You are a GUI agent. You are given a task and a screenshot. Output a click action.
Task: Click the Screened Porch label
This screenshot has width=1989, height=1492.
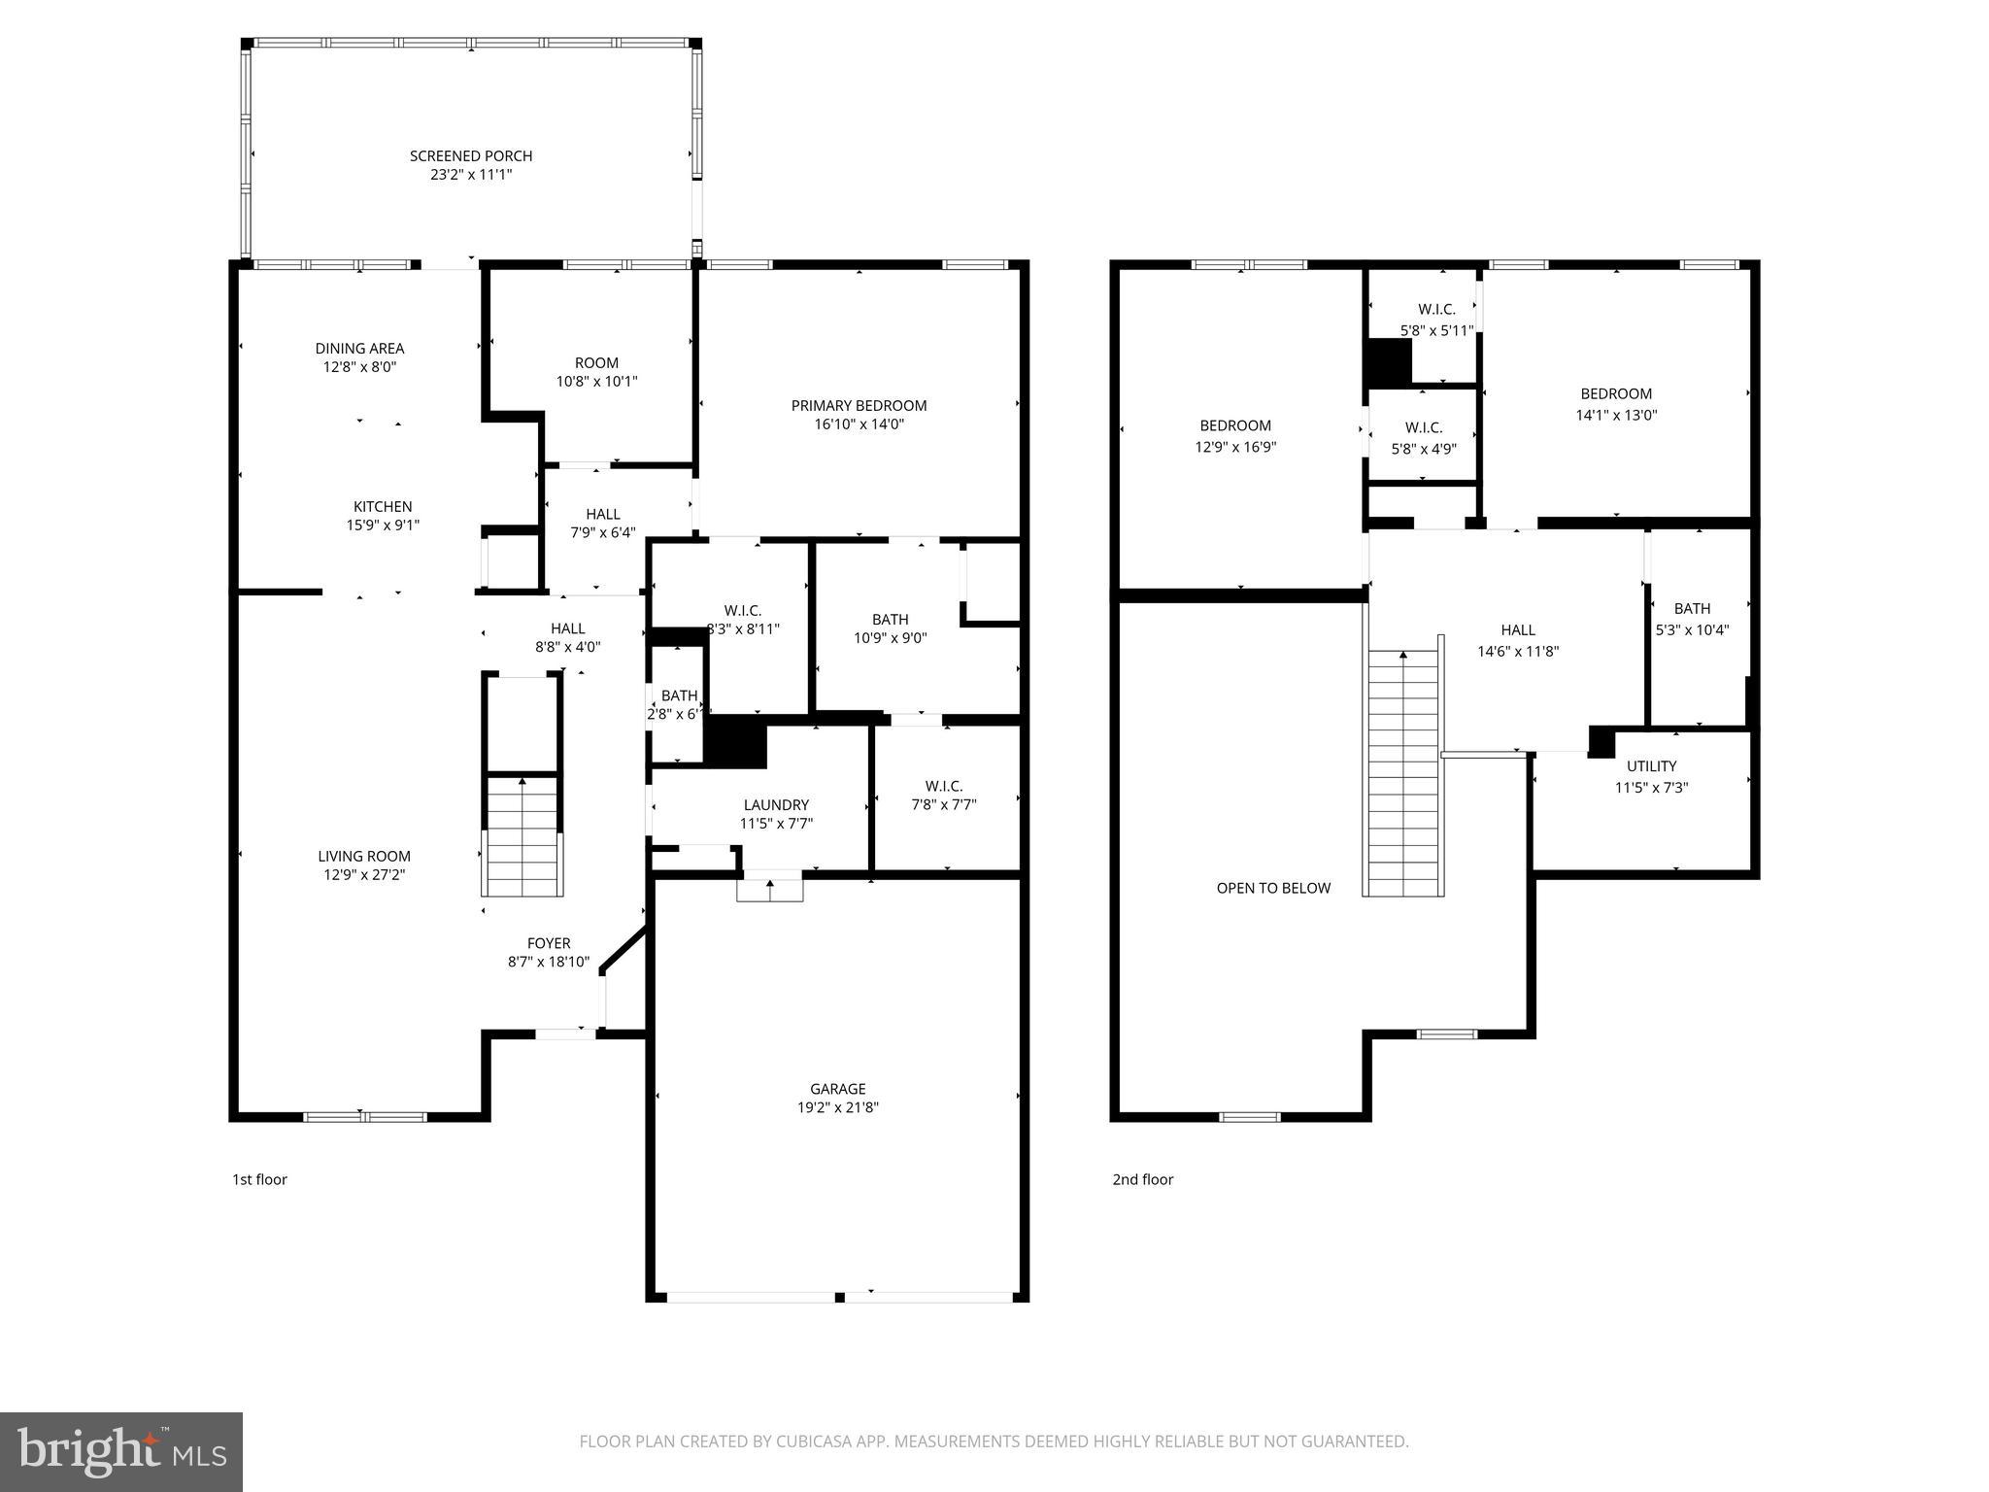470,155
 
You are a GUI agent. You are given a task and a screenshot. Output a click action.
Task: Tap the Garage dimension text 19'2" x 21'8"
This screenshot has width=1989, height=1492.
837,1107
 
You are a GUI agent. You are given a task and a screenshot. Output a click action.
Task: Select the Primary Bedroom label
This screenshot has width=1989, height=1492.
859,405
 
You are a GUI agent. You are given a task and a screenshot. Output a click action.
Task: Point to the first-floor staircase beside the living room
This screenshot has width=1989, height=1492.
523,835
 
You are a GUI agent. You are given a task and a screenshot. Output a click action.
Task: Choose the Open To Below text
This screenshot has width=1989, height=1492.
1273,888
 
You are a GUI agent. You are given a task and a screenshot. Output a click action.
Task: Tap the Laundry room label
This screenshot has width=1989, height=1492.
776,804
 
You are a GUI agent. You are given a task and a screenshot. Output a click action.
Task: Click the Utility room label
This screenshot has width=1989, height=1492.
1651,766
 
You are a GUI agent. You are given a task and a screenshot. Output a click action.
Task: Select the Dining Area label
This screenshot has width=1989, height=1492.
359,348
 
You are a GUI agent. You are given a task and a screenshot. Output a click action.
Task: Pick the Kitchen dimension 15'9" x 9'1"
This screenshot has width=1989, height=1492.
383,526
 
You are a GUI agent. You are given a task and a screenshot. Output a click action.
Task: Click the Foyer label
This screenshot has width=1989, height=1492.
549,943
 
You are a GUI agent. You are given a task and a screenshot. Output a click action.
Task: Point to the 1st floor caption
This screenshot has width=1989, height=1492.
259,1179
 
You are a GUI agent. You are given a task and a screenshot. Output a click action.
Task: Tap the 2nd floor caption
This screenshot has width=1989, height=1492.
1143,1179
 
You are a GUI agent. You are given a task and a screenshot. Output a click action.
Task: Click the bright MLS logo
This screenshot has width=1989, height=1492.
121,1451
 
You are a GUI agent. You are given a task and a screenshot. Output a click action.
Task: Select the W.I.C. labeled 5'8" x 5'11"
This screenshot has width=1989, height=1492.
1436,320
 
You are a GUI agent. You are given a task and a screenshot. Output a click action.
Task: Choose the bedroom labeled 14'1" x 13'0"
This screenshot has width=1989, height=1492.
1616,404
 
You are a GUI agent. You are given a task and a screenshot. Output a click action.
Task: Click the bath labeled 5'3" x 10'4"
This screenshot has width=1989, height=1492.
1692,619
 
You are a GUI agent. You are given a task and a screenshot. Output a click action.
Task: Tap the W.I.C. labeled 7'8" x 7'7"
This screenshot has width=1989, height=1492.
944,795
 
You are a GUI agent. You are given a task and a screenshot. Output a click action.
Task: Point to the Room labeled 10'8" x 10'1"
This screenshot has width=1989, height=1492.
596,372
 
